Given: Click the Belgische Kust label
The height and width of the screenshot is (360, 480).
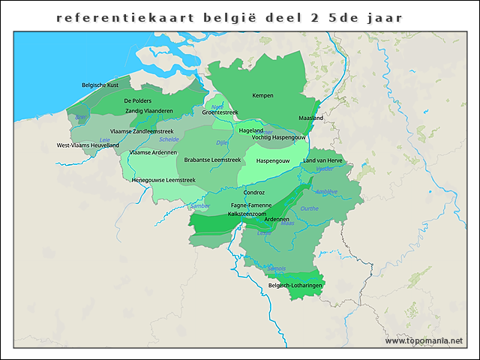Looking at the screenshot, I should coord(100,85).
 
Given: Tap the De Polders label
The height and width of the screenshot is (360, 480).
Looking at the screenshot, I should coord(138,100).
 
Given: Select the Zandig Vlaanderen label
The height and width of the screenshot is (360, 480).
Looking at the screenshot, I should coord(148,110).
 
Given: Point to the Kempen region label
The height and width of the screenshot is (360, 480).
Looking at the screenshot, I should coord(262,95).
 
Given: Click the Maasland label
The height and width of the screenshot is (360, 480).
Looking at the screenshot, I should coord(310,118).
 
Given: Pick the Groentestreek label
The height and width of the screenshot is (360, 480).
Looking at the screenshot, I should coord(220,112).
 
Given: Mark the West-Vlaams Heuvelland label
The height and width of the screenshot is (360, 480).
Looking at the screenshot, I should coord(88,145).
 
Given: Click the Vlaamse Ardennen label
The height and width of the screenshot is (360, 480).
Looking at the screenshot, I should coord(153,152).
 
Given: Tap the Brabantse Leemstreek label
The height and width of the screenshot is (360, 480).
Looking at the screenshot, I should coord(212,160).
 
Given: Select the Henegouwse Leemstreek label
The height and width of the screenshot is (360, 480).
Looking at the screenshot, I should coord(163,180).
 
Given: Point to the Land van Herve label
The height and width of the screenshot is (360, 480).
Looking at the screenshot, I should coord(322,160).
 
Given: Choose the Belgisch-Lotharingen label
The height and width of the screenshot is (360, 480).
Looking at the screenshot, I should coord(295,286).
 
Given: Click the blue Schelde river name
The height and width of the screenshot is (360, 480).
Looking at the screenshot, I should coord(169,139).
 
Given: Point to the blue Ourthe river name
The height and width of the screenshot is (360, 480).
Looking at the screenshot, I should coord(309,208).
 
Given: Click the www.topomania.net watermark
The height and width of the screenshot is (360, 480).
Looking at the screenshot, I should coord(424,341).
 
